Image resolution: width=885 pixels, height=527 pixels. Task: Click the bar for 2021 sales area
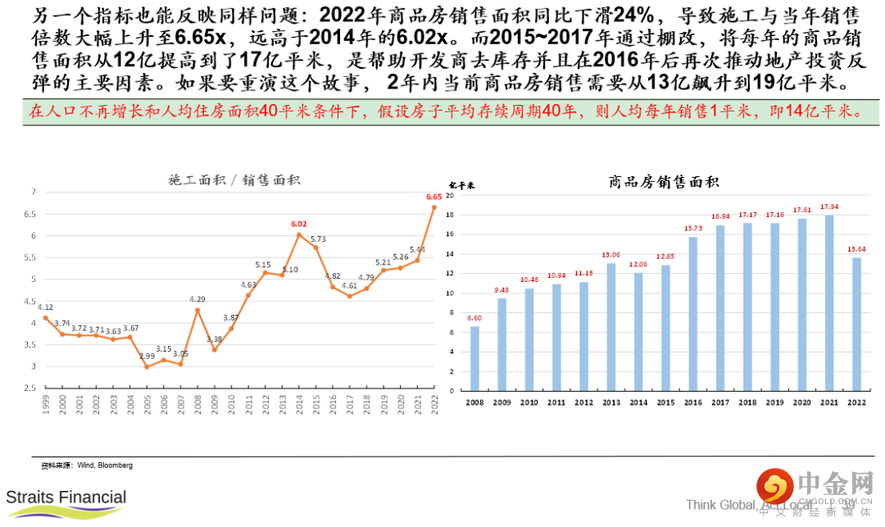click(828, 303)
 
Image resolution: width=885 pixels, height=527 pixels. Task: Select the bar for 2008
click(474, 359)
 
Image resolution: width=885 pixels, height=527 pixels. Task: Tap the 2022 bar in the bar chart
click(855, 325)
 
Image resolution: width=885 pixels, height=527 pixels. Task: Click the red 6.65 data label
click(434, 197)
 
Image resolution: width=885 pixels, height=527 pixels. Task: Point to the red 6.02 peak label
click(298, 224)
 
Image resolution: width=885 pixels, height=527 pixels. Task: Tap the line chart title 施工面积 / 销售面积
click(234, 180)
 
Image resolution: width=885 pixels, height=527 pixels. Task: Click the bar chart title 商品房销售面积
click(664, 181)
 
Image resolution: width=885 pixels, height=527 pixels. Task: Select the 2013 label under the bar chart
click(610, 403)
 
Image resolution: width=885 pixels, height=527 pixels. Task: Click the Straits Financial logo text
click(66, 497)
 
